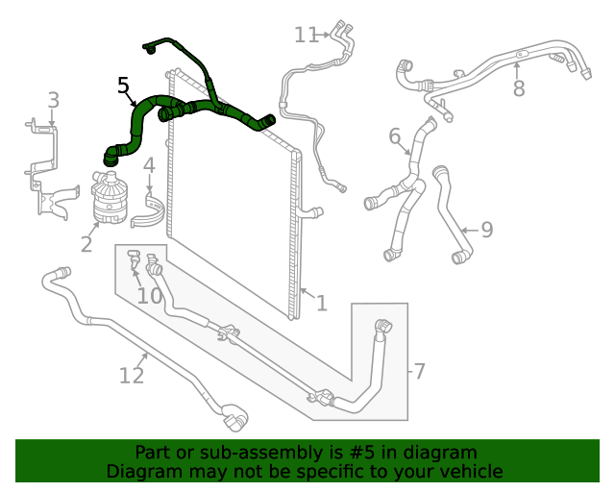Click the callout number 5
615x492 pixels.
click(123, 86)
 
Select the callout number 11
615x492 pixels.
click(307, 36)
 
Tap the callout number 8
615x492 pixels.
click(519, 88)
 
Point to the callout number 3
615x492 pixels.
click(54, 100)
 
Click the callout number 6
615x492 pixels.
click(395, 136)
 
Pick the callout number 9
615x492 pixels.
click(487, 230)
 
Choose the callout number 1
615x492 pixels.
click(322, 304)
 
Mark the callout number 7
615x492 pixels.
click(419, 370)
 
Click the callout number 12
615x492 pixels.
click(132, 375)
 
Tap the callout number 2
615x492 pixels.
click(86, 244)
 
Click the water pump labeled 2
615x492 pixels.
click(111, 197)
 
